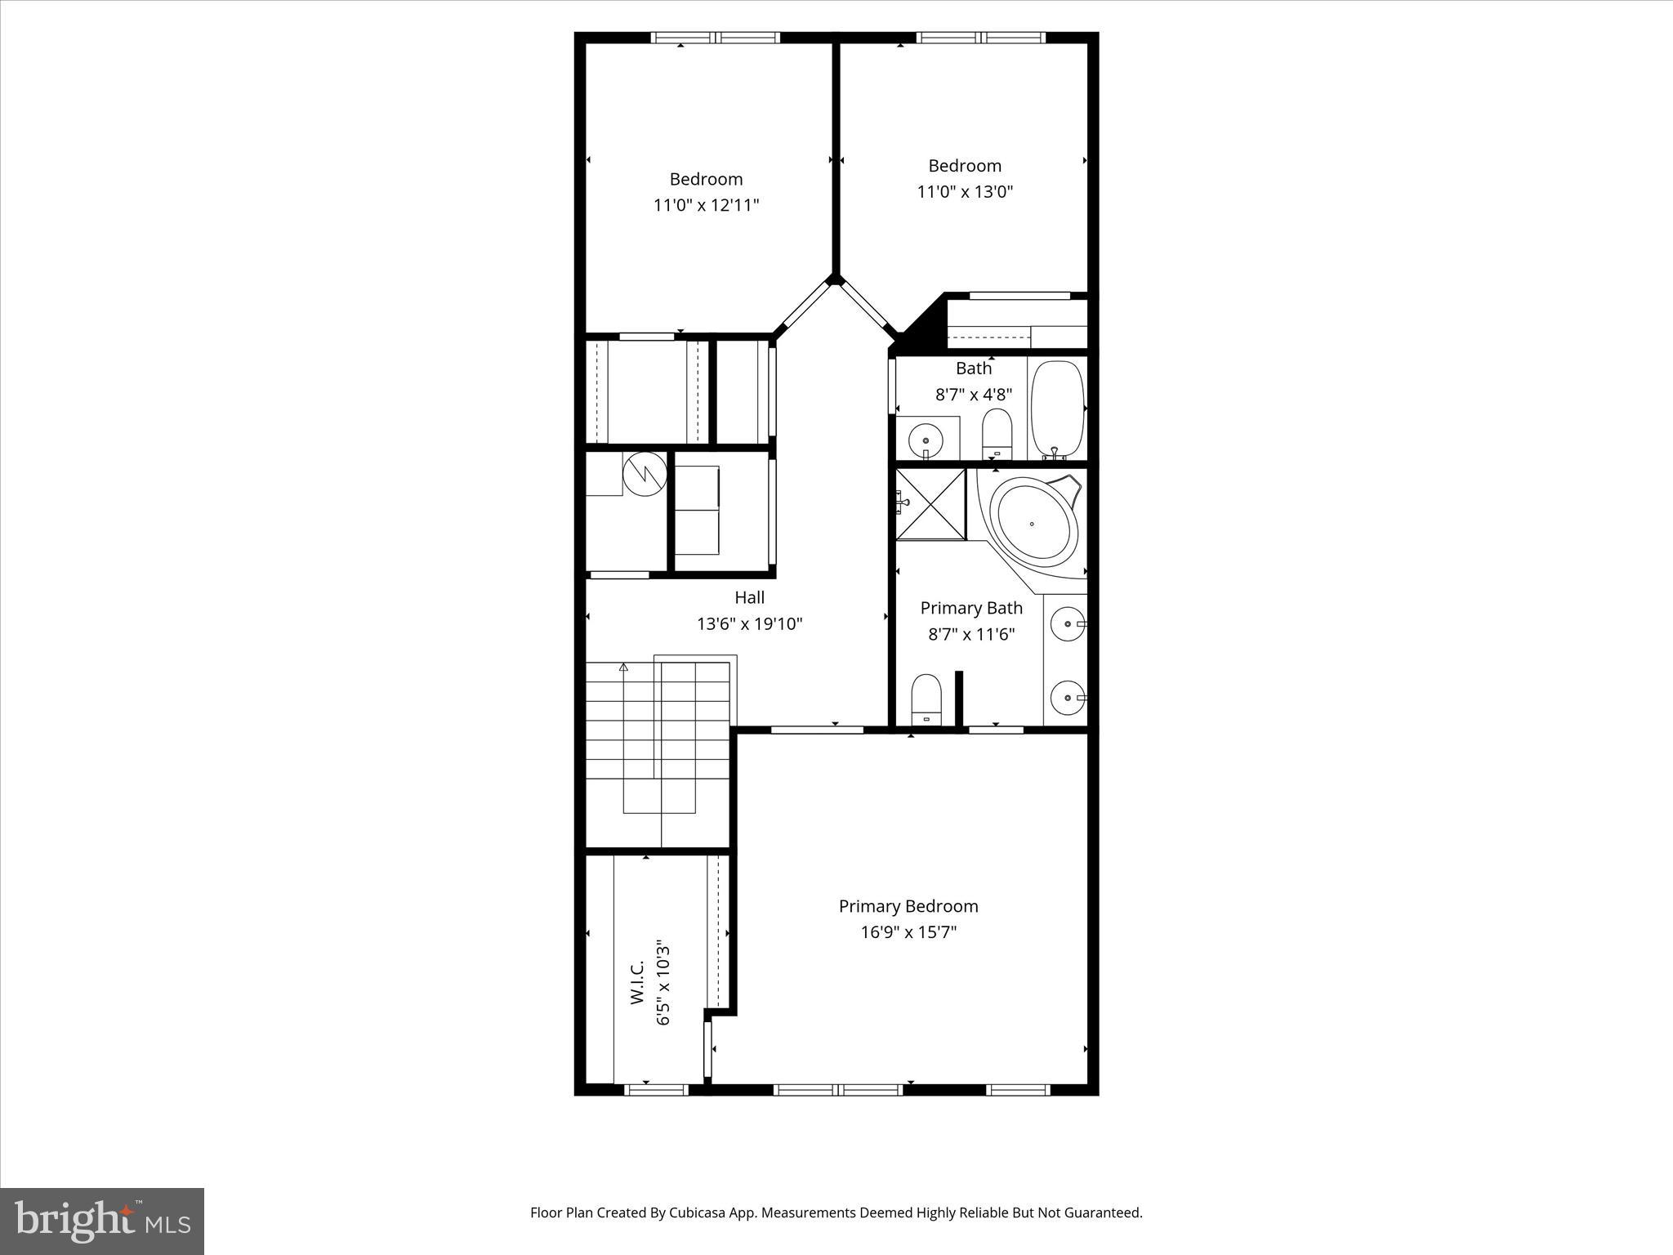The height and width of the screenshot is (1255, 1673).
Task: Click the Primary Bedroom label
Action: tap(908, 906)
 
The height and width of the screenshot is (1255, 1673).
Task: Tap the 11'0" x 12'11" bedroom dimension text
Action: tap(706, 205)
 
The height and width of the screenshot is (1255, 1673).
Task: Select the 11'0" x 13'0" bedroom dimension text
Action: tap(965, 192)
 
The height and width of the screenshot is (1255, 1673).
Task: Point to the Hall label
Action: tap(749, 598)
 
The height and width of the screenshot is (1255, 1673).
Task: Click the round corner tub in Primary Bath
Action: tap(1033, 523)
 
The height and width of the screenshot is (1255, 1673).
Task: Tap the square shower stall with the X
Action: tap(931, 503)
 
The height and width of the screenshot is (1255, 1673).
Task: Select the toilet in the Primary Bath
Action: tap(926, 699)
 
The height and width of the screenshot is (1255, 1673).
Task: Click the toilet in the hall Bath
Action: tap(996, 433)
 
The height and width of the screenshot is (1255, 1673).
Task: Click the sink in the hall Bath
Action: tap(926, 440)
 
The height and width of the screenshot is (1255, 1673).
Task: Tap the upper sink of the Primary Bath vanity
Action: tap(1067, 624)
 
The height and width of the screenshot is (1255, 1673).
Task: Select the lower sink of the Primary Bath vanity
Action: tap(1067, 698)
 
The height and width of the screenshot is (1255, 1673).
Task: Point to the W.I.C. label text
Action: tap(638, 981)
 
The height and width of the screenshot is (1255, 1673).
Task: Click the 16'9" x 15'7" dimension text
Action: tap(908, 932)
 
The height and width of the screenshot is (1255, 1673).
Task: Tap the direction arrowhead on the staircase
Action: tap(623, 668)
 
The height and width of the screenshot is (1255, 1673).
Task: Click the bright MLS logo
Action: tap(102, 1221)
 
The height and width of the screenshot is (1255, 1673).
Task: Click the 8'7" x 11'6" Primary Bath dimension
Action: tap(971, 634)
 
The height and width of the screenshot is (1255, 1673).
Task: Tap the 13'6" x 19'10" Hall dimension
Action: tap(749, 624)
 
